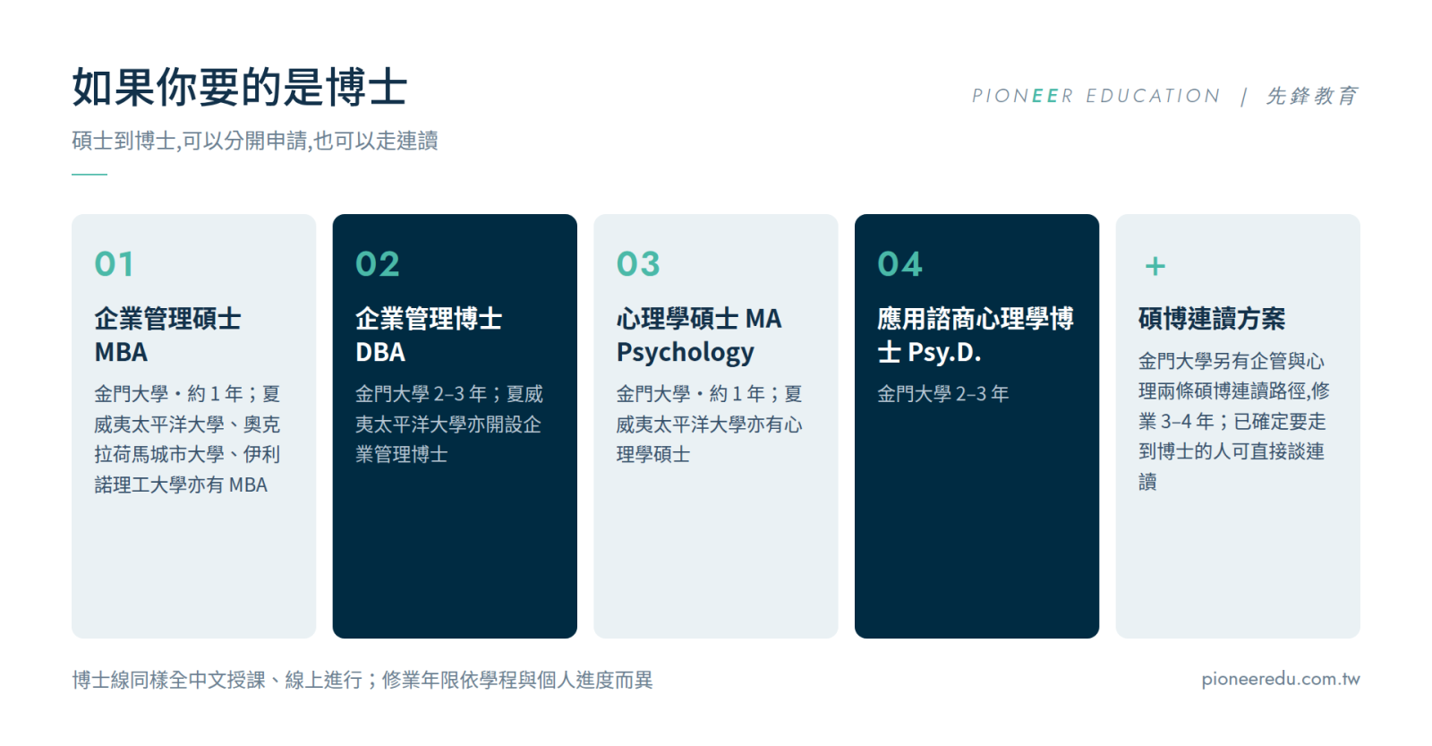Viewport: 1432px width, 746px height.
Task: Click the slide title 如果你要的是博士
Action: pyautogui.click(x=240, y=87)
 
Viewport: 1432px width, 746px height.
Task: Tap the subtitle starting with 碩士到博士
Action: pyautogui.click(x=254, y=141)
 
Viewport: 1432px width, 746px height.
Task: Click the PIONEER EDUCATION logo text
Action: pyautogui.click(x=1095, y=96)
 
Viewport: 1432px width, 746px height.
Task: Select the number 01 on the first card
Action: pyautogui.click(x=115, y=263)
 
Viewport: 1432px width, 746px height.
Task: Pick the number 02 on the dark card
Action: pyautogui.click(x=377, y=263)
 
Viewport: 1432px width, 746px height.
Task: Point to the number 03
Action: pyautogui.click(x=638, y=263)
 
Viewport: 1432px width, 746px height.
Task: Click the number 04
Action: pyautogui.click(x=899, y=263)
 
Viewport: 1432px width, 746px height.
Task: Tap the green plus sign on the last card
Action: pyautogui.click(x=1155, y=266)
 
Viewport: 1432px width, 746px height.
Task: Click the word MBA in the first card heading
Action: pyautogui.click(x=121, y=352)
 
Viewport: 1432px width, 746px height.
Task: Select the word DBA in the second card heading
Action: pyautogui.click(x=380, y=352)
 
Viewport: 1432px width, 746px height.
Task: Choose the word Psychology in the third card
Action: pyautogui.click(x=686, y=353)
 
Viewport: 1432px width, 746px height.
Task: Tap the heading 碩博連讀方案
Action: pyautogui.click(x=1212, y=319)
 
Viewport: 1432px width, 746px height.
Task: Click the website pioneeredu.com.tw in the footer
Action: pyautogui.click(x=1281, y=679)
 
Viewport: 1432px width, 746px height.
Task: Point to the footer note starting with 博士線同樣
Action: pyautogui.click(x=362, y=680)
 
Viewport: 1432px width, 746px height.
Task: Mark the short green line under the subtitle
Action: pyautogui.click(x=89, y=174)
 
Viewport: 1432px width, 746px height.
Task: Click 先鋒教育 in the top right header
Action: pyautogui.click(x=1312, y=96)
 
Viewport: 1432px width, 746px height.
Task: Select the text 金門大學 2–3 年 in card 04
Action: pyautogui.click(x=943, y=393)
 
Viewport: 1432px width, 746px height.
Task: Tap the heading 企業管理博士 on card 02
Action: pyautogui.click(x=429, y=319)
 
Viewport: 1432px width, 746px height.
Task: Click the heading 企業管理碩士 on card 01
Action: pyautogui.click(x=167, y=319)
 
